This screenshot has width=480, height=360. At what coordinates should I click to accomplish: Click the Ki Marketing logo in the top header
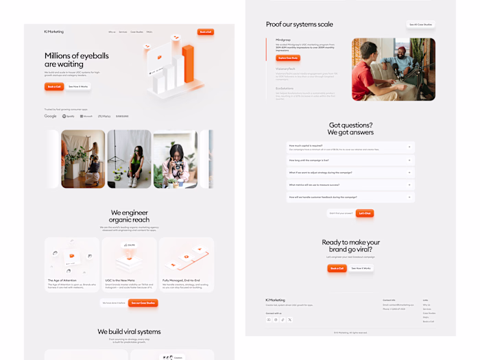(53, 32)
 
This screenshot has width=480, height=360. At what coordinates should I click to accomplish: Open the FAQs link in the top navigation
(149, 32)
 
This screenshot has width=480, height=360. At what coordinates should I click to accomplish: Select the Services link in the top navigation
(123, 32)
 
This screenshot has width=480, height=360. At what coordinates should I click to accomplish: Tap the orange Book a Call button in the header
(205, 32)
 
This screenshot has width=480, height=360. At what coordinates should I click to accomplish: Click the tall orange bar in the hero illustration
(188, 66)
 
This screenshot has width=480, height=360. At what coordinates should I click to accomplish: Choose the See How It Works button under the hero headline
(79, 86)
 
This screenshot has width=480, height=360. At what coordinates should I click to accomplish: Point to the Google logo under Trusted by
(51, 117)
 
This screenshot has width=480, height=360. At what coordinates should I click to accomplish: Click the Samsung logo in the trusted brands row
(122, 117)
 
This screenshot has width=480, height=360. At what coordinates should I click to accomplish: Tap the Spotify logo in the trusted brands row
(69, 117)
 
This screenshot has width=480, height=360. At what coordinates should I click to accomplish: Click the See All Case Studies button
(420, 25)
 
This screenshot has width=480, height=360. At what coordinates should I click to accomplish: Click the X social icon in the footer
(290, 320)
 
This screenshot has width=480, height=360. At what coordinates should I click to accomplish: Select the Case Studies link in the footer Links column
(429, 313)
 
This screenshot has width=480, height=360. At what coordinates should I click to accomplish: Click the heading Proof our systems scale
(299, 25)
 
